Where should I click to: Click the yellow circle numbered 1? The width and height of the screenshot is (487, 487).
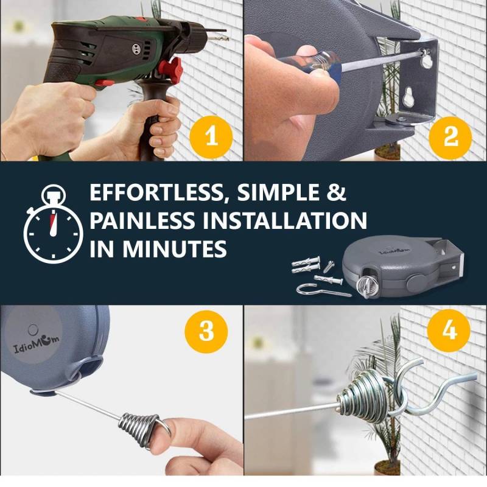click(211, 136)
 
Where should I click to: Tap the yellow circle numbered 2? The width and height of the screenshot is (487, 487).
click(450, 137)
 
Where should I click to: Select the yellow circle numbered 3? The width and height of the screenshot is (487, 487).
click(206, 331)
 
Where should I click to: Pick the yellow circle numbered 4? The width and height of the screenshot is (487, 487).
click(449, 331)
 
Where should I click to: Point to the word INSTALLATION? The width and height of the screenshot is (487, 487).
click(285, 220)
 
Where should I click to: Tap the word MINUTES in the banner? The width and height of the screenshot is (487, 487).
click(174, 248)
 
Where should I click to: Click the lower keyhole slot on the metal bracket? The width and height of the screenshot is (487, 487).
click(408, 99)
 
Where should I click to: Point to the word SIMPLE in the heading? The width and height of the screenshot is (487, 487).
click(278, 193)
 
